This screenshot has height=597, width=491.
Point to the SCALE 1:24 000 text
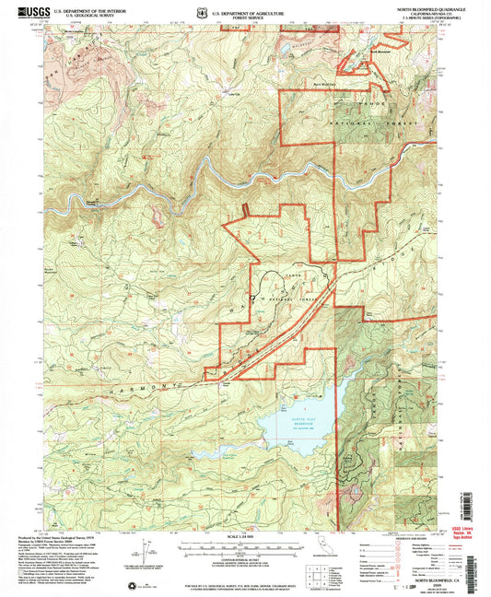click(x=240, y=536)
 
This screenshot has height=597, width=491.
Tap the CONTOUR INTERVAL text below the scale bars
click(x=240, y=558)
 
